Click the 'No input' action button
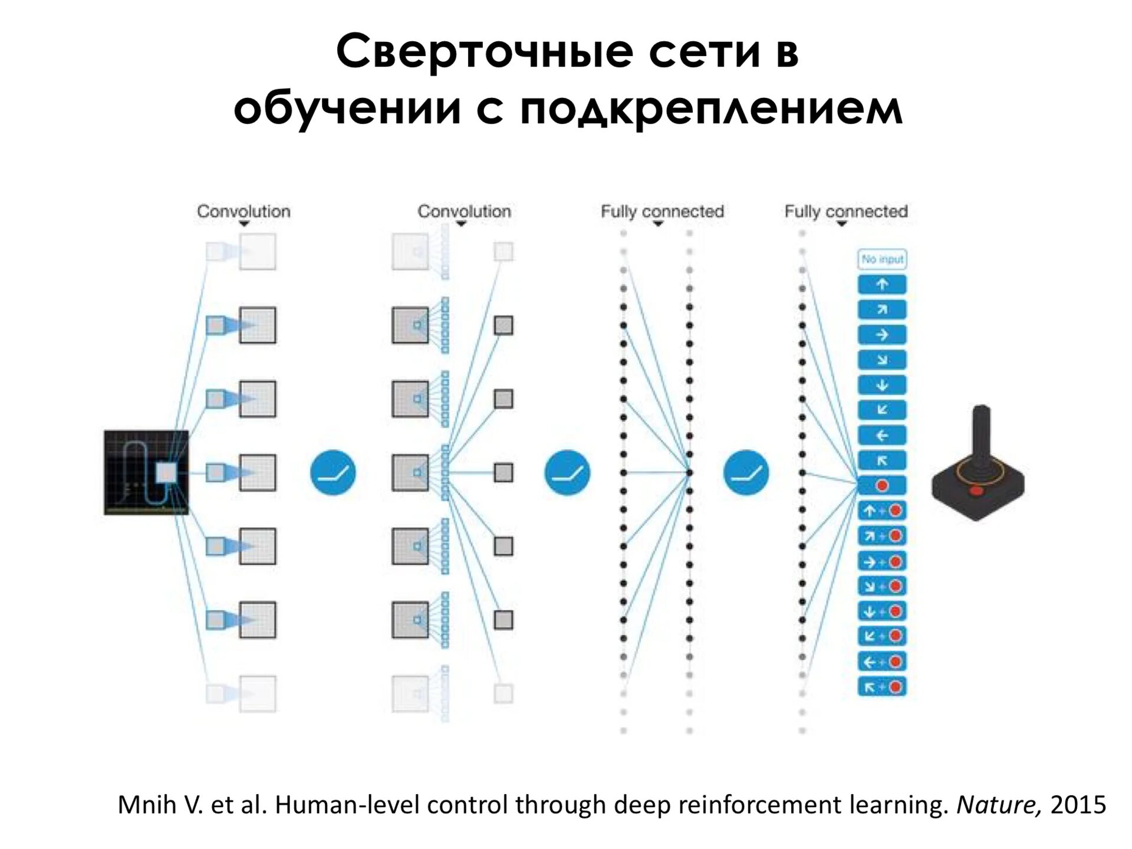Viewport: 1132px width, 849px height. pyautogui.click(x=881, y=259)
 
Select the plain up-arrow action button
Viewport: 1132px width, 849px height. pyautogui.click(x=881, y=285)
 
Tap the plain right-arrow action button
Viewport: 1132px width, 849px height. pyautogui.click(x=881, y=335)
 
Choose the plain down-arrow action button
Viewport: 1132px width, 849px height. pyautogui.click(x=881, y=386)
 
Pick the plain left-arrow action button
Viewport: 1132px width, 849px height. pyautogui.click(x=881, y=436)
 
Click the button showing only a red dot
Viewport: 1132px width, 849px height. pyautogui.click(x=881, y=486)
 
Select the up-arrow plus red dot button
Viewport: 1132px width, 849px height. pyautogui.click(x=881, y=511)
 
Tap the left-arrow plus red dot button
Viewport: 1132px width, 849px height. pyautogui.click(x=881, y=662)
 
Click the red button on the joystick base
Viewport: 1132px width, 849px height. pyautogui.click(x=976, y=491)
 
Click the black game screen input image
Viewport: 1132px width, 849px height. pyautogui.click(x=146, y=472)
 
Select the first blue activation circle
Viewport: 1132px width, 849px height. pyautogui.click(x=333, y=472)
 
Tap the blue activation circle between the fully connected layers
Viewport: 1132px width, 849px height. pyautogui.click(x=746, y=472)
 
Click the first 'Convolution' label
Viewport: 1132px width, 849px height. pyautogui.click(x=243, y=211)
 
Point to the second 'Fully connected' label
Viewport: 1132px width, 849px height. pyautogui.click(x=845, y=211)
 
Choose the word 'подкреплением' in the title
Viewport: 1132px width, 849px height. pyautogui.click(x=710, y=109)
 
